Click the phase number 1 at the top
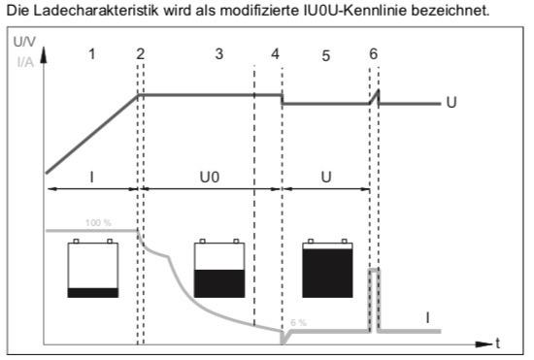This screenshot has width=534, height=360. tap(91, 53)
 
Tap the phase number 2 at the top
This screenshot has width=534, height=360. tap(141, 53)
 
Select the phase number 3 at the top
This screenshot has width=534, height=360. tap(219, 53)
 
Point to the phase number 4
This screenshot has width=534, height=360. tap(275, 53)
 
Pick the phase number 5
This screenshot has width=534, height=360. tap(326, 56)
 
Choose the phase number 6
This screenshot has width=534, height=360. tap(373, 53)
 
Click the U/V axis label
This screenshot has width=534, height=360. tap(24, 42)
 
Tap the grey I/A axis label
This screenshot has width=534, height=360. tap(25, 62)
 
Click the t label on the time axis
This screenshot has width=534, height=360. tap(498, 343)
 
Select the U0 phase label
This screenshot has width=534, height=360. tap(210, 178)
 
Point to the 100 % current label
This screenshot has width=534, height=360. tap(98, 223)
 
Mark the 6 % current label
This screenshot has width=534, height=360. tap(299, 322)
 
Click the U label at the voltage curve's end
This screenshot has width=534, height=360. tap(451, 103)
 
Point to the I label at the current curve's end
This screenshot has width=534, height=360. tap(427, 318)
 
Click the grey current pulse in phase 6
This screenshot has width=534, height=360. tap(374, 271)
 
